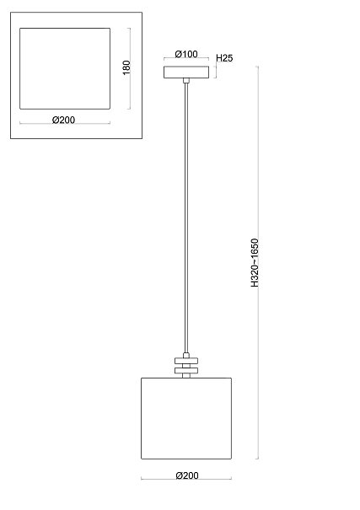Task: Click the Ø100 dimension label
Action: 186,54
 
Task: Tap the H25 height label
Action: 224,58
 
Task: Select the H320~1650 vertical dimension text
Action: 255,263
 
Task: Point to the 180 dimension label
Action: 126,67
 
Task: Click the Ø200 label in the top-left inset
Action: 63,120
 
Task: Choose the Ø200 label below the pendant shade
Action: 187,475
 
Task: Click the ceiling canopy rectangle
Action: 186,72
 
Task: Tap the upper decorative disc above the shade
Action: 186,361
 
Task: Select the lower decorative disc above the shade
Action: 186,370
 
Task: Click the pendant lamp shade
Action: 186,418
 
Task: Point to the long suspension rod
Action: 186,218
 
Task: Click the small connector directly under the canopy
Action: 186,81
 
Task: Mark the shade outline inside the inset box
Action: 20,68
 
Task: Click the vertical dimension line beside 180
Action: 130,68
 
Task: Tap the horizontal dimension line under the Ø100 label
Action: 186,58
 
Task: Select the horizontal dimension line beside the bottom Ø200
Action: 186,478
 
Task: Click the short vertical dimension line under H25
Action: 215,72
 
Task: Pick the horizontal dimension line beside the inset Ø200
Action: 65,123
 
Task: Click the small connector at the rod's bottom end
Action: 186,355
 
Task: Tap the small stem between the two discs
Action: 186,366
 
